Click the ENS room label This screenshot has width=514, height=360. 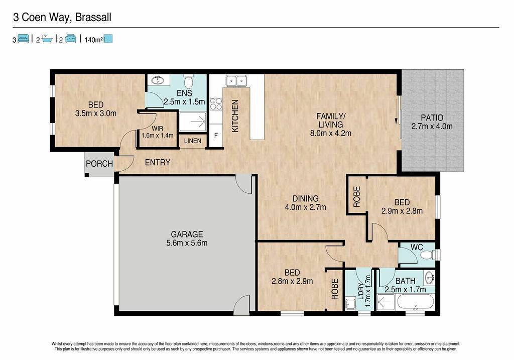click(184, 93)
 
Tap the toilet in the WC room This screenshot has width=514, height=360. click(428, 255)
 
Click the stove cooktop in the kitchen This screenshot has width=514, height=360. click(216, 104)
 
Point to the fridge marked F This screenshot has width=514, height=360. click(216, 135)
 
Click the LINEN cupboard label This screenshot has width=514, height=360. click(193, 141)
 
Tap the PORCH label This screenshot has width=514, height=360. click(99, 164)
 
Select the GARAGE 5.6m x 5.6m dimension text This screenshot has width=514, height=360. click(187, 243)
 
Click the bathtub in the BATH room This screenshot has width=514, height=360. click(415, 302)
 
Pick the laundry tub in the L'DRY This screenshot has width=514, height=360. click(350, 304)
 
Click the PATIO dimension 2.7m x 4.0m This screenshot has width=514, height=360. click(432, 126)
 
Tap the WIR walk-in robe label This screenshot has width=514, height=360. click(157, 129)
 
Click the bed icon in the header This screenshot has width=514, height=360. click(23, 39)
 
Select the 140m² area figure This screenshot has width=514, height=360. click(93, 40)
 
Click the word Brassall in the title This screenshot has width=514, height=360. click(93, 17)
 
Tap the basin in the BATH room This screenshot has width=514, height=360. click(430, 278)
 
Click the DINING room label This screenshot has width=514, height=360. click(306, 198)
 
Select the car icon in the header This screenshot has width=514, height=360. click(71, 39)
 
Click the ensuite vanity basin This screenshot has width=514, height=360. click(158, 79)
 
